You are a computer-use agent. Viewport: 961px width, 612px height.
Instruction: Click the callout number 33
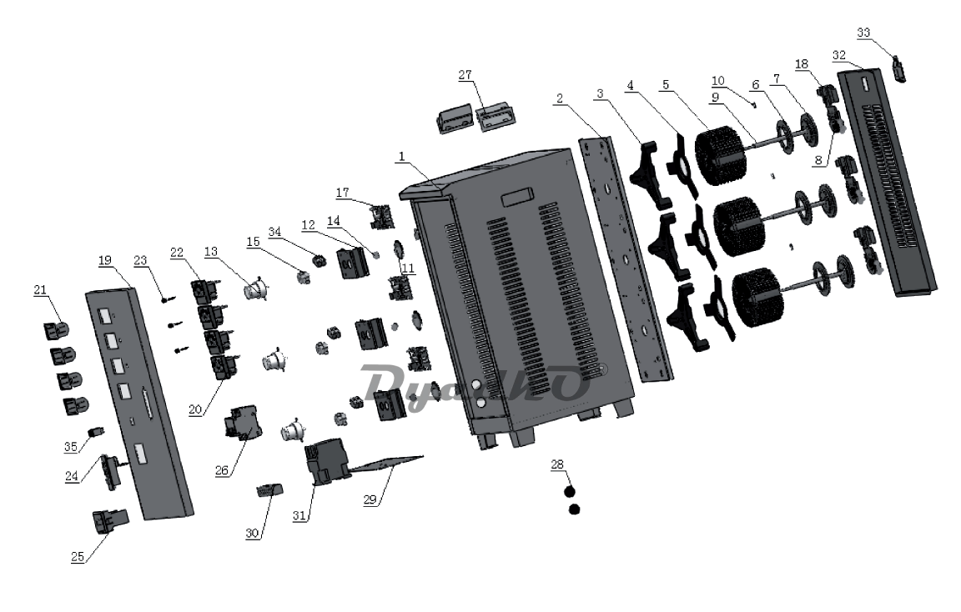[863, 33]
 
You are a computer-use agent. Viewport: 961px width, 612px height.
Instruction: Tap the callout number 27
[464, 75]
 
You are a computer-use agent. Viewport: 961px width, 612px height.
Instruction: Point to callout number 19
[105, 261]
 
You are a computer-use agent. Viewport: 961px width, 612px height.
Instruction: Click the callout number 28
[556, 464]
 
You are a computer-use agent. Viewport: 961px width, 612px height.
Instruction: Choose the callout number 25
[78, 557]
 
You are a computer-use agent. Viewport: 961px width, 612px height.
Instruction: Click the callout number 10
[718, 82]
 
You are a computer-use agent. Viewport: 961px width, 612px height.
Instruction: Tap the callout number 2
[561, 98]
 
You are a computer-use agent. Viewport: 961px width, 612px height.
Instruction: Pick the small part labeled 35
[96, 434]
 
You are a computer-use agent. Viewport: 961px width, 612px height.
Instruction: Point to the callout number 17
[343, 193]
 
